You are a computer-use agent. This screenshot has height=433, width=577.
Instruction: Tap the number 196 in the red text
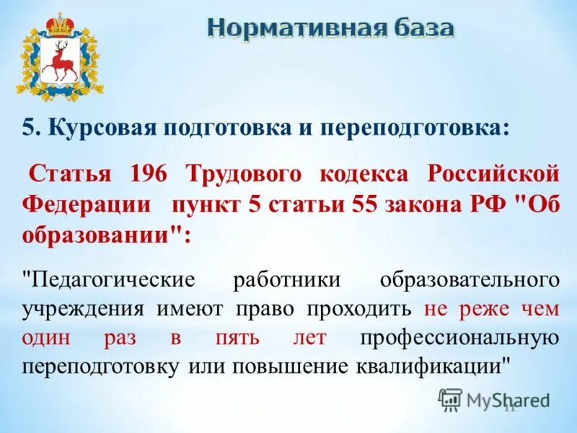pyautogui.click(x=149, y=174)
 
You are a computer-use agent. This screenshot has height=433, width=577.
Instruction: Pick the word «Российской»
pyautogui.click(x=493, y=174)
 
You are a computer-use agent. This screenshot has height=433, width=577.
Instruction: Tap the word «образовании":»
pyautogui.click(x=108, y=235)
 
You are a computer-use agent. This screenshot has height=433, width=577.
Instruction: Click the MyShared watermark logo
pyautogui.click(x=495, y=399)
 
